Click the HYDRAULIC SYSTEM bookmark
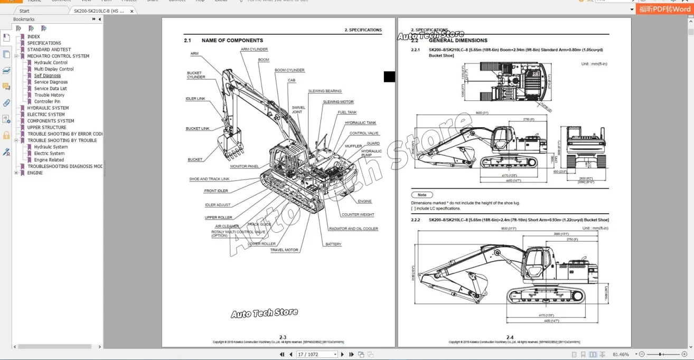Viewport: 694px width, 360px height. coord(48,108)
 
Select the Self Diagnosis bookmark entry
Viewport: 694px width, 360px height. coord(48,75)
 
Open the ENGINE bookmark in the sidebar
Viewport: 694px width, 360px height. coord(35,173)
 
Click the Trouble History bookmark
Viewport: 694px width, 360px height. coord(49,95)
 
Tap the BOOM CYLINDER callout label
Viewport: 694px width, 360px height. coord(289,70)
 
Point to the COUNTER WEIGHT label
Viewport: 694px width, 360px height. coord(358,215)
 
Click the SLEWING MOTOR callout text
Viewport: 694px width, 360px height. coord(338,102)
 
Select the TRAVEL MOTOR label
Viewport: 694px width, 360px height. coord(284,250)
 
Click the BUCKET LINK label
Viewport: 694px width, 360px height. coord(198,128)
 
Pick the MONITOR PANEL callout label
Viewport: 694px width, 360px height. coord(245,166)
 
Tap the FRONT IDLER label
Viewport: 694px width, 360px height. coord(216,191)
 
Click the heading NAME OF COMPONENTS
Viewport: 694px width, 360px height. coord(232,40)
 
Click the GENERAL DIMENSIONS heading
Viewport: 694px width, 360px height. coord(458,40)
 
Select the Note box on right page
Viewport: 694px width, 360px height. coord(422,195)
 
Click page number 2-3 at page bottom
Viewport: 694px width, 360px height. coord(283,337)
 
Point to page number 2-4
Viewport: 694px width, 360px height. coord(510,337)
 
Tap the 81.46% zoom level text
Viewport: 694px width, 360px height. coord(621,355)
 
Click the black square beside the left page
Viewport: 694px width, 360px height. coord(389,77)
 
